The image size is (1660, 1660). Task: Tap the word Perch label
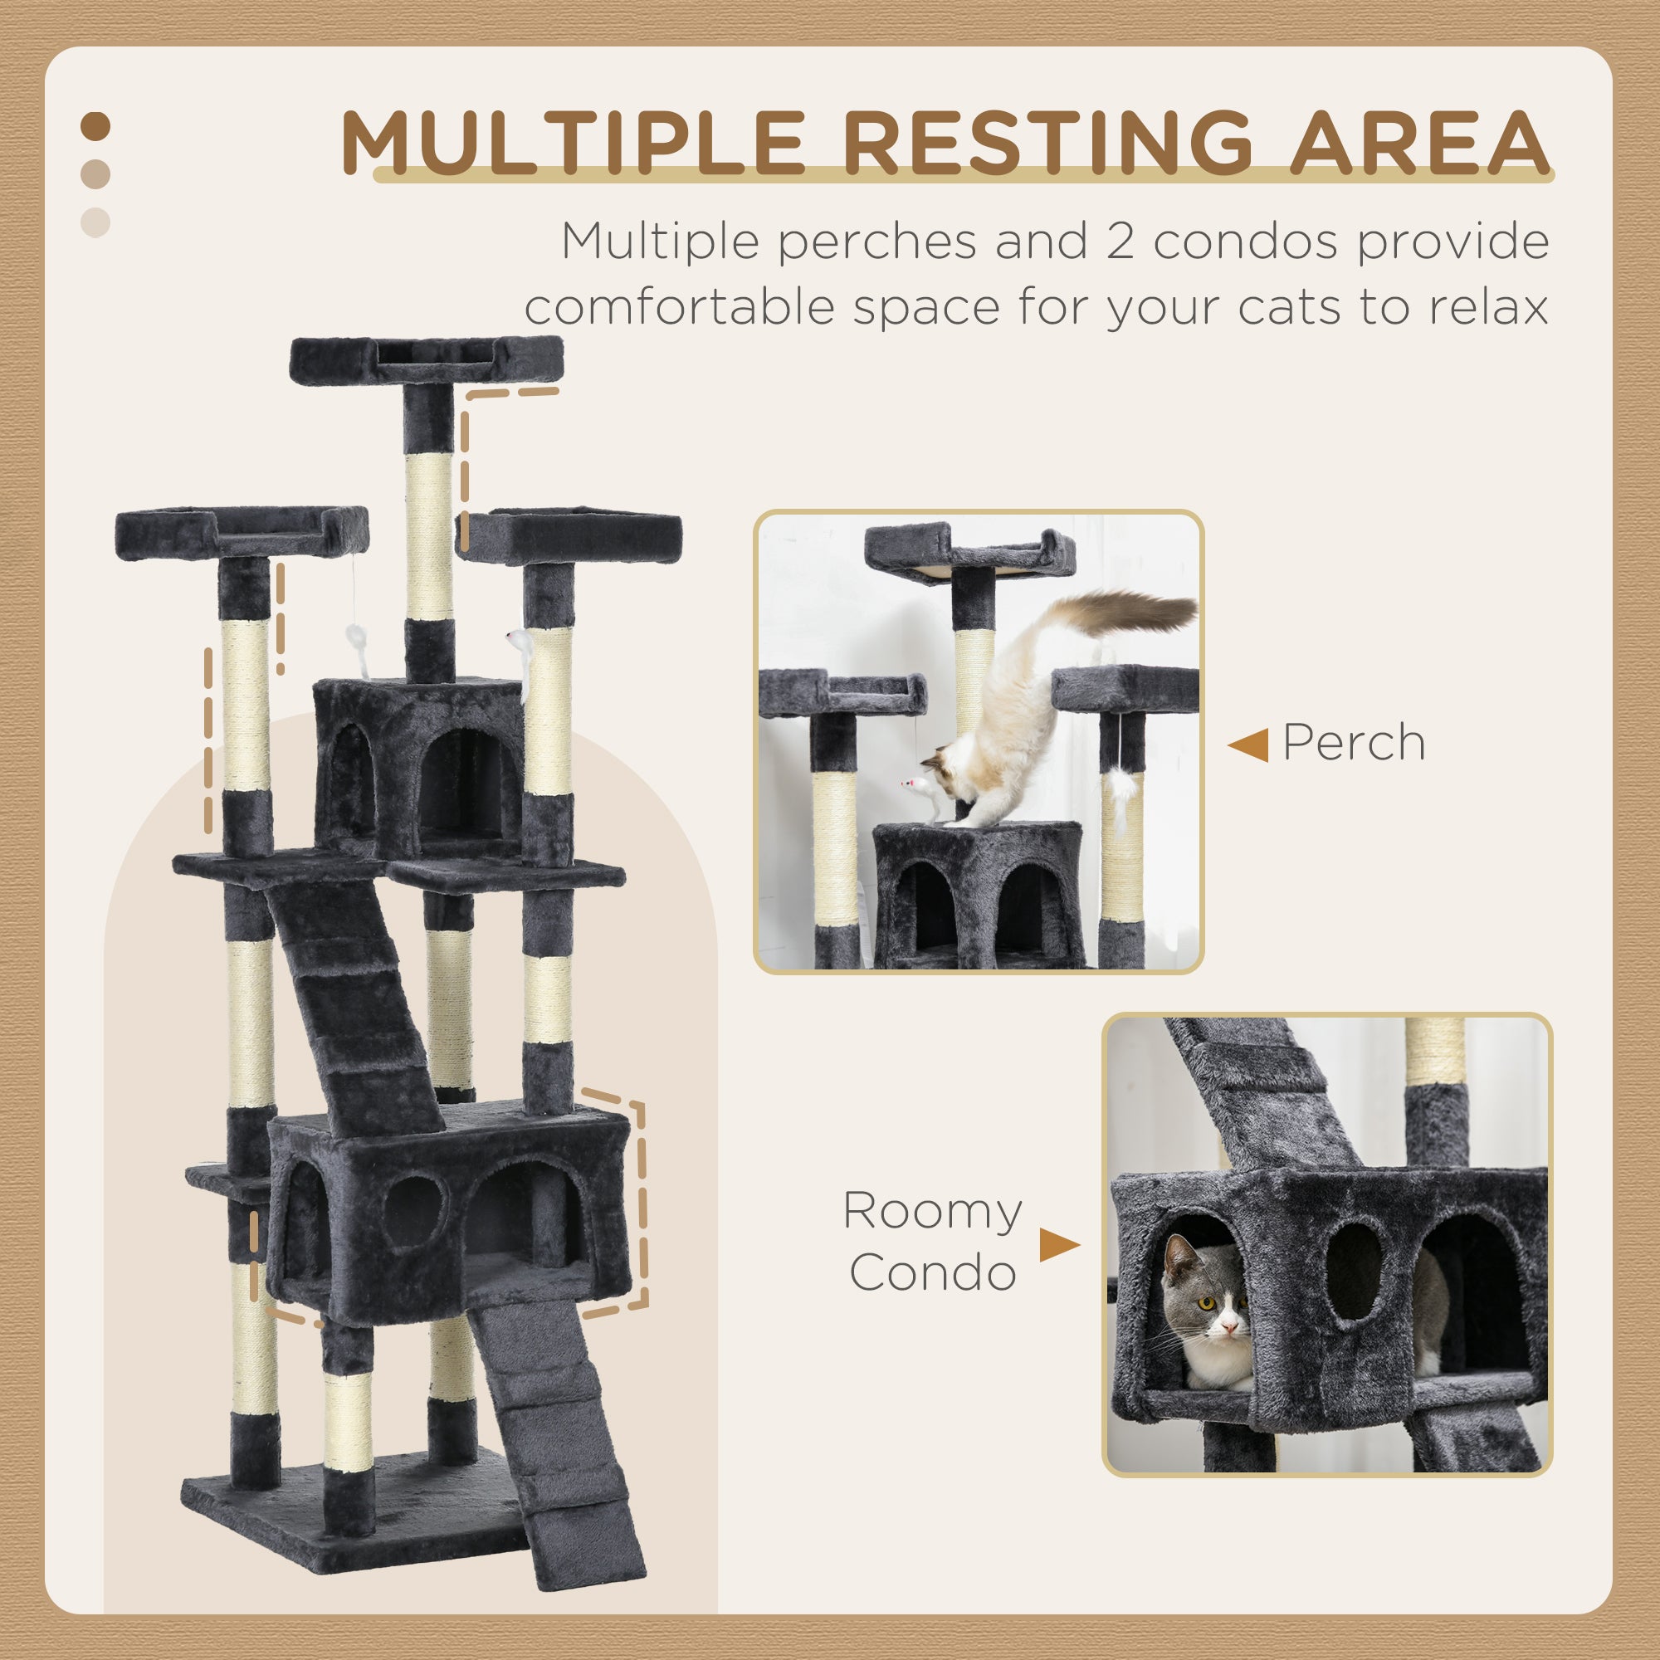pos(1353,742)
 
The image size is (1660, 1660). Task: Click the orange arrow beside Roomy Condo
pos(1058,1244)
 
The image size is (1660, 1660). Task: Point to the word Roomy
pos(932,1211)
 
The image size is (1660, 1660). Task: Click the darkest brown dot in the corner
pos(95,127)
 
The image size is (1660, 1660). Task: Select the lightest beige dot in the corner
pos(95,222)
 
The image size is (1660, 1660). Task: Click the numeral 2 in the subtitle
pos(1120,242)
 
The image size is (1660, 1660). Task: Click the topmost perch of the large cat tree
pos(426,359)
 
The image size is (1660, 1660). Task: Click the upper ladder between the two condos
pos(352,997)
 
